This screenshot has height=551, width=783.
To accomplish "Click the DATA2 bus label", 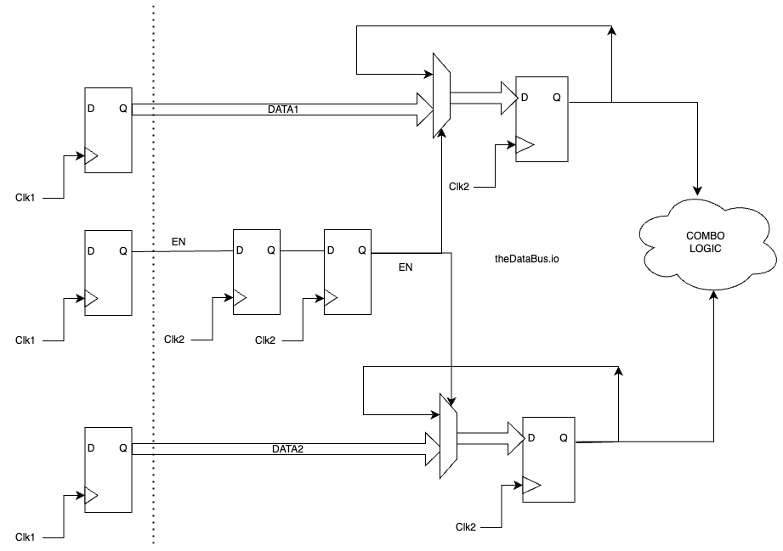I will point(287,447).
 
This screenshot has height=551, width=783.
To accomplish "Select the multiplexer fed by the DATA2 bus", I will point(448,434).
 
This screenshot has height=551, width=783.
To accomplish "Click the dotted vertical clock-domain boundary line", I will point(153,272).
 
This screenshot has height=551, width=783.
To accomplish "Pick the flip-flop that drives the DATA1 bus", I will point(108,130).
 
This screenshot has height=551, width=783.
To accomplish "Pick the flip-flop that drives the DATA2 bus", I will point(108,469).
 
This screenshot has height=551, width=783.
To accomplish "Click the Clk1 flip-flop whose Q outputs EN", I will point(108,272).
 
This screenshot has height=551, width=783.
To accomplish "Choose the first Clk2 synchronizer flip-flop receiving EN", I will point(257,272).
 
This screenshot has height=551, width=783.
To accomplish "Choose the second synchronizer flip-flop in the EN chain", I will point(348,272).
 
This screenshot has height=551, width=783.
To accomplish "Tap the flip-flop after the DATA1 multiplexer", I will point(543,119).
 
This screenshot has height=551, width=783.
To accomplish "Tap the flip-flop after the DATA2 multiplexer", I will point(548,459).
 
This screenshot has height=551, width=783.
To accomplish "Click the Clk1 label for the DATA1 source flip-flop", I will point(26,197).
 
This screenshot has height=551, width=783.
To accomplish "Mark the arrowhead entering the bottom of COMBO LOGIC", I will point(713,293).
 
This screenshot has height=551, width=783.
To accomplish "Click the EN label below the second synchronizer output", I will point(406,267).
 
